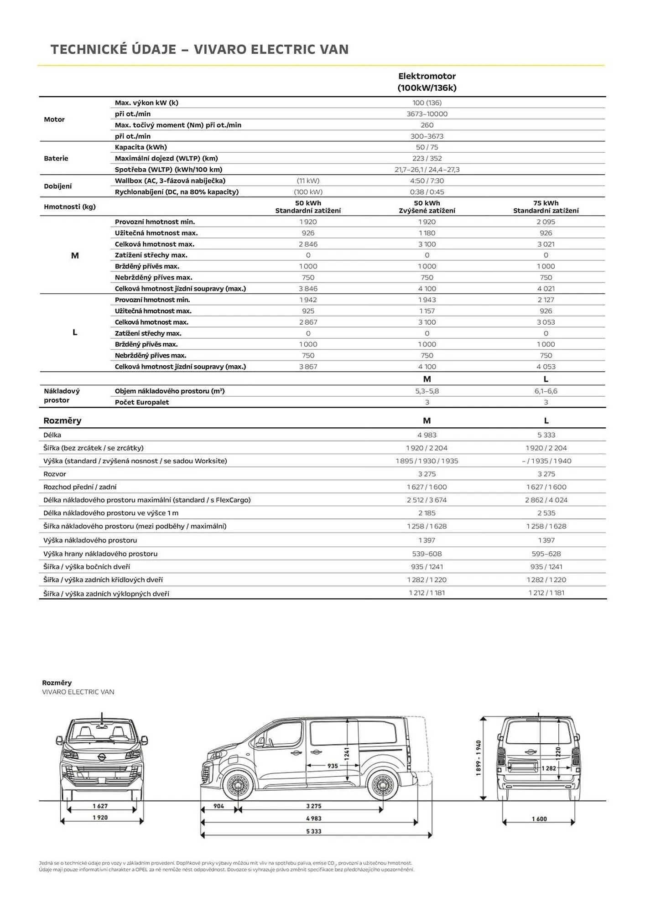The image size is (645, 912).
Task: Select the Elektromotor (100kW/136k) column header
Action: (x=427, y=82)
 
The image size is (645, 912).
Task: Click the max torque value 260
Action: (x=427, y=125)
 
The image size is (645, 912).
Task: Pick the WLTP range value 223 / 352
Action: (x=427, y=158)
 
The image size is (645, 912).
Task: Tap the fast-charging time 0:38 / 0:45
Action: (x=427, y=192)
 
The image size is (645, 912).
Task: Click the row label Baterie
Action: (x=56, y=158)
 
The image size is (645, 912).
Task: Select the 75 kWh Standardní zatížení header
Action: (x=546, y=207)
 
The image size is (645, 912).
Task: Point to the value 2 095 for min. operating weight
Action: (x=546, y=222)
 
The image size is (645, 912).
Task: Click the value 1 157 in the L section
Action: (x=427, y=311)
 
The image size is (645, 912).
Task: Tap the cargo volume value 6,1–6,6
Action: (x=546, y=391)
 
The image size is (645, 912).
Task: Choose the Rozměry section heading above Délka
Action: (x=62, y=420)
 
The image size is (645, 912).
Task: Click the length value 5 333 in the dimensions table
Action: (x=546, y=435)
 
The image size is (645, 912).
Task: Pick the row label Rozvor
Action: (x=55, y=474)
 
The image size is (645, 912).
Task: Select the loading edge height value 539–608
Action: (x=427, y=554)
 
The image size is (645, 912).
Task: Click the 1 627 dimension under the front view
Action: (x=100, y=806)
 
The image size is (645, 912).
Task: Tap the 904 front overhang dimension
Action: (x=218, y=806)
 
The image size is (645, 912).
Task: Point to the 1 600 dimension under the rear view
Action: (x=539, y=819)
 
